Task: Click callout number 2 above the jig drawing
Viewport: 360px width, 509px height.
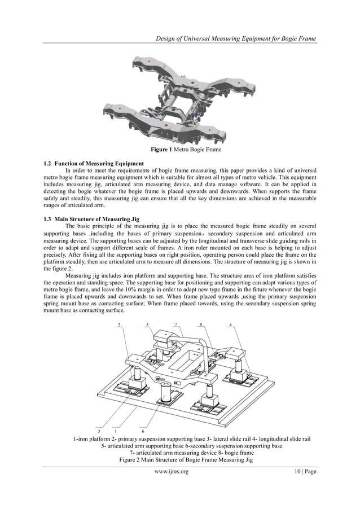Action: (118, 324)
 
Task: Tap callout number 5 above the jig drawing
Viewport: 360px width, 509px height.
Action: (147, 324)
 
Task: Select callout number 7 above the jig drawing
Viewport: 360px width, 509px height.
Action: (176, 324)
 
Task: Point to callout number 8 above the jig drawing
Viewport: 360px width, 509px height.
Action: (201, 324)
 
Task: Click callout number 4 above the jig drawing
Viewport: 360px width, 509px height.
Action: (231, 324)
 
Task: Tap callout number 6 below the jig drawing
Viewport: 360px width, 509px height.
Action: (143, 430)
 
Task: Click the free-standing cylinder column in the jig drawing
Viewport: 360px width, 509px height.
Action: (168, 392)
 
